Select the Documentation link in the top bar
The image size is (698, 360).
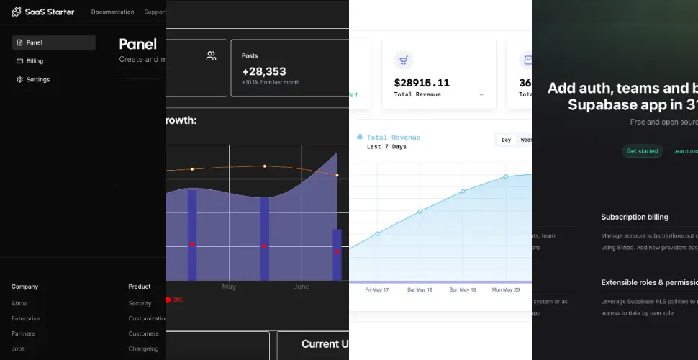112,12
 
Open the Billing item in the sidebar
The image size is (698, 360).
35,61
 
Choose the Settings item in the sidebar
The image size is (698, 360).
37,80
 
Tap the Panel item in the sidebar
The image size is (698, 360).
34,42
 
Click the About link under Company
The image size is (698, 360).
19,304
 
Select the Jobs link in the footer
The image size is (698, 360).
18,348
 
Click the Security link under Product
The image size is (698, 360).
140,304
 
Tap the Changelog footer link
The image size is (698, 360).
143,348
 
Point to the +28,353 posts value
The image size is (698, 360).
263,71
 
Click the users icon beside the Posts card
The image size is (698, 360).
211,55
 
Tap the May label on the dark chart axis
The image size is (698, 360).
229,287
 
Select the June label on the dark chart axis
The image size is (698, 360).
302,287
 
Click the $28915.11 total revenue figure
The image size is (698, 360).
422,83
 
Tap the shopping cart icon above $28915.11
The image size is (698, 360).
404,60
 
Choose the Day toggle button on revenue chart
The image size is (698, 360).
506,140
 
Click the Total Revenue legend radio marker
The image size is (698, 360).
360,137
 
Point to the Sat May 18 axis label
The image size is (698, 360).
420,289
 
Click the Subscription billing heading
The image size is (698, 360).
634,217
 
